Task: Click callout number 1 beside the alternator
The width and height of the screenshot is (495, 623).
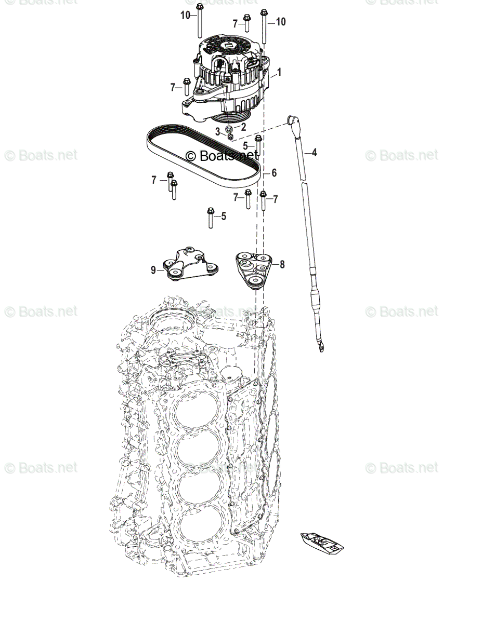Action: tap(279, 72)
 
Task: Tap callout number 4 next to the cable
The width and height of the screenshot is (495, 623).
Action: tap(314, 153)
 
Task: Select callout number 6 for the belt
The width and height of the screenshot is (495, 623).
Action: tap(274, 173)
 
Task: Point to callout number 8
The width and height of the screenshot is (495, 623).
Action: tap(282, 264)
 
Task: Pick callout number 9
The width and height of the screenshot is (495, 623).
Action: tap(153, 269)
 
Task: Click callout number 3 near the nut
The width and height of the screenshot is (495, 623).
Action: tap(217, 132)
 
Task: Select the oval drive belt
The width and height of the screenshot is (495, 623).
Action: tap(156, 156)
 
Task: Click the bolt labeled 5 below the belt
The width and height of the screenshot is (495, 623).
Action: tap(211, 218)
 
